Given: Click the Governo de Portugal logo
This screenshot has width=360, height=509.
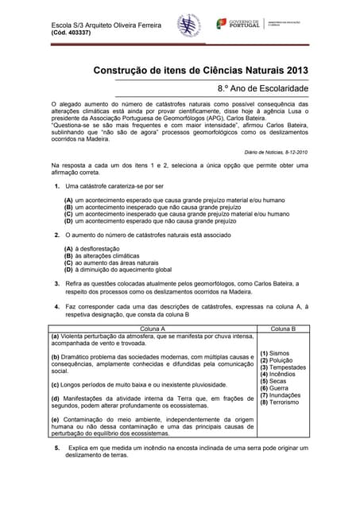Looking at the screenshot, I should tap(242, 25).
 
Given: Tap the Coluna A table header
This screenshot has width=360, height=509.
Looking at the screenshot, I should tap(153, 328).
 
